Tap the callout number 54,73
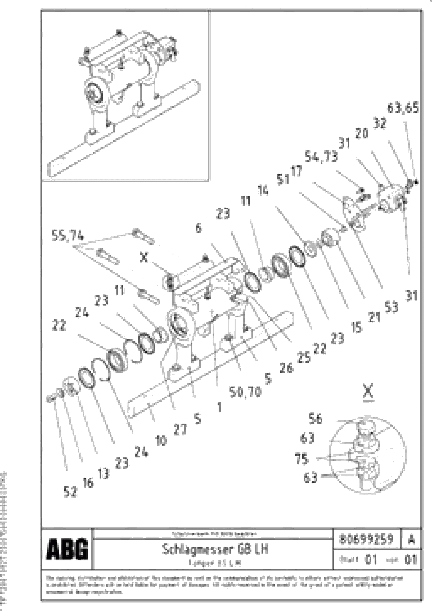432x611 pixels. (321, 157)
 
